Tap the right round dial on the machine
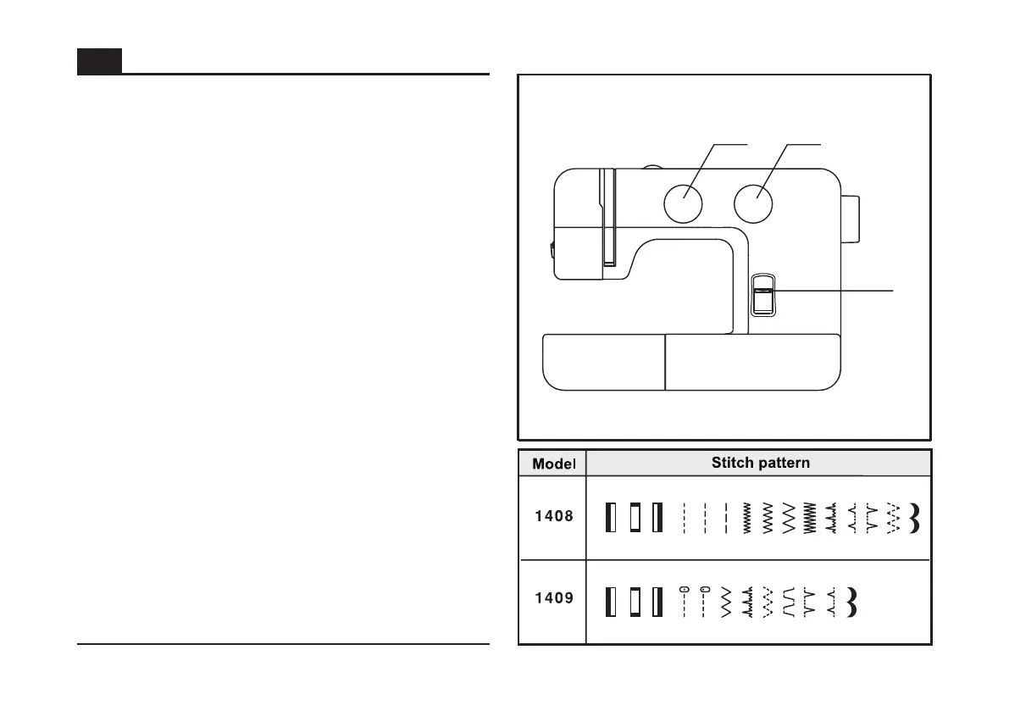coord(754,203)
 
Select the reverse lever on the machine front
coord(762,296)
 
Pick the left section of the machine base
coord(602,362)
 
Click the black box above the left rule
coord(99,61)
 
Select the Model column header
coord(552,464)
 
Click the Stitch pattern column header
coord(760,464)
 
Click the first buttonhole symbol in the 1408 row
coord(610,518)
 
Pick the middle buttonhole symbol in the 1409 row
coord(634,602)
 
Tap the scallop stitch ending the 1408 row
coord(913,518)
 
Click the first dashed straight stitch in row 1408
coord(684,518)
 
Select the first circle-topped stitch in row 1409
coord(684,601)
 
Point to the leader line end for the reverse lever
coord(891,290)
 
